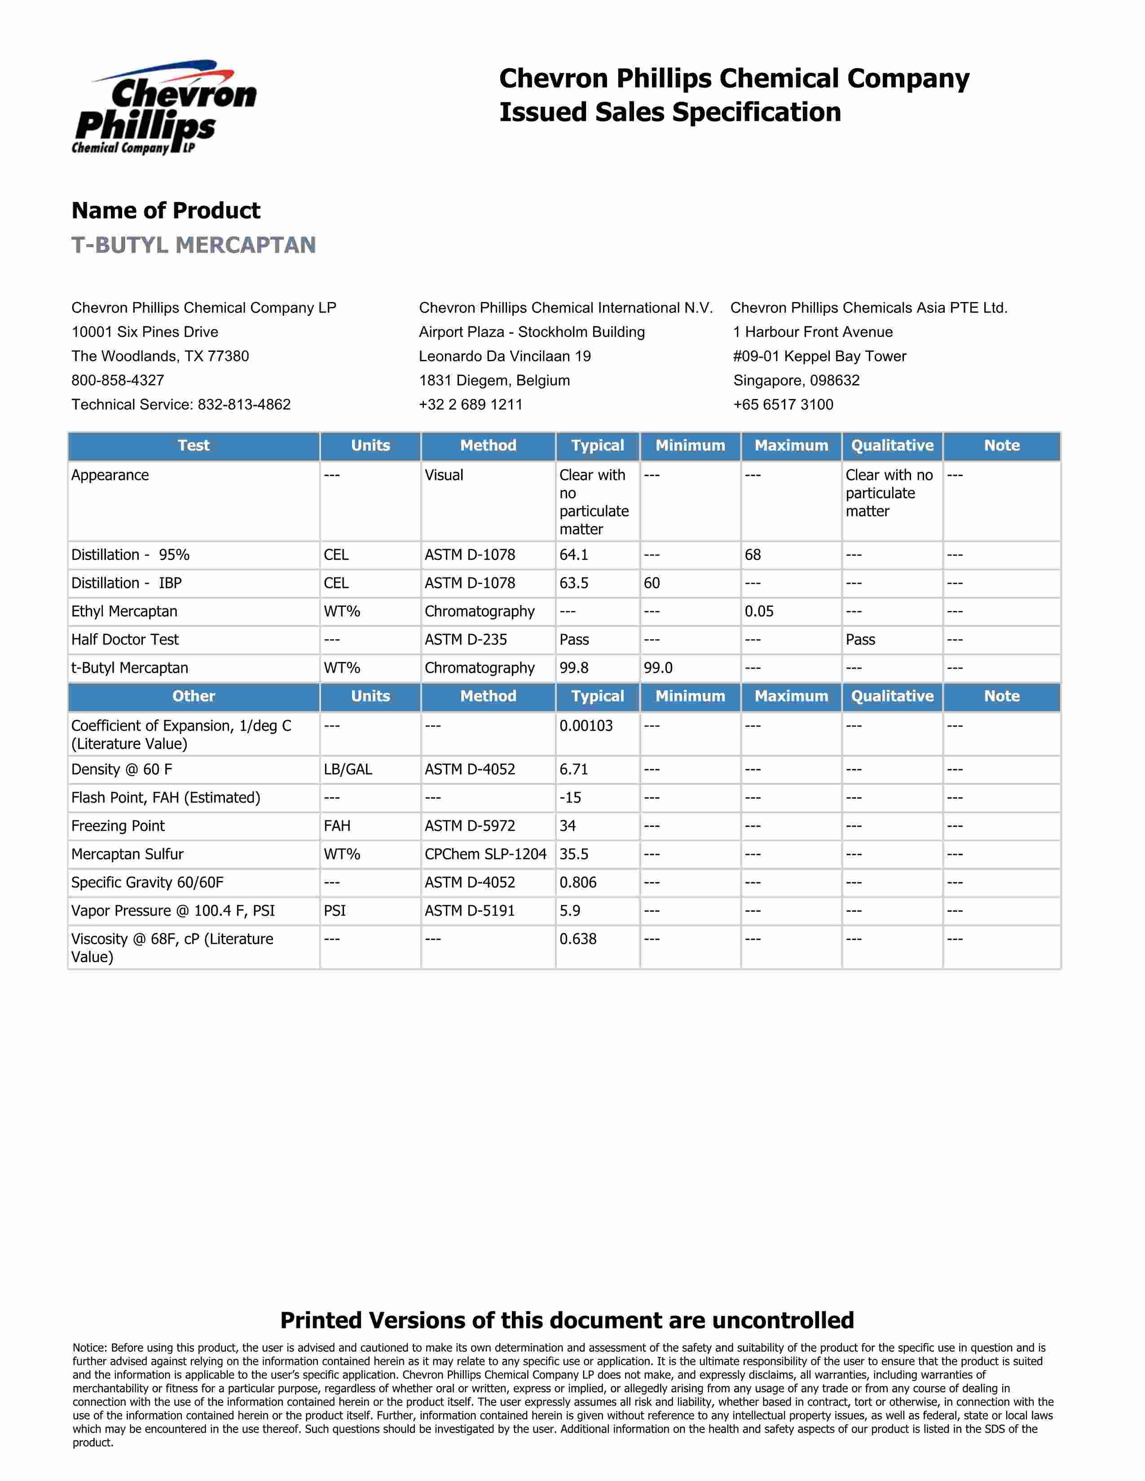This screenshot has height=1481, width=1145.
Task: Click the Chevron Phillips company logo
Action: click(164, 108)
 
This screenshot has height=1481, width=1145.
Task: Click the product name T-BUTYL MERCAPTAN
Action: click(194, 245)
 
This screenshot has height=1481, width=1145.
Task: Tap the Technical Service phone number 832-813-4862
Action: click(244, 405)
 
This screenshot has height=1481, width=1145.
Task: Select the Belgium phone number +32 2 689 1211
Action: click(471, 405)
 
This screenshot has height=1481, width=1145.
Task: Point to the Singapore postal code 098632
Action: click(834, 381)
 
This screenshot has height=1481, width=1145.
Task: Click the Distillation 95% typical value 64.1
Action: click(574, 555)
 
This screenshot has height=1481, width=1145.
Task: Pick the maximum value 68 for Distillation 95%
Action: click(753, 555)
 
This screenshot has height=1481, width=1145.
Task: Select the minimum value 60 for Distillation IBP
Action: click(652, 583)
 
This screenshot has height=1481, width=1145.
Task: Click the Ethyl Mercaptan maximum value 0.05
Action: click(759, 612)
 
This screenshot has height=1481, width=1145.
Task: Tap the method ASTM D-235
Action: click(466, 640)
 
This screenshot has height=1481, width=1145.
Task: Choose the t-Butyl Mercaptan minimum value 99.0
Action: click(658, 668)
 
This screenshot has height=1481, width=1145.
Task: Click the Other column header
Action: click(194, 697)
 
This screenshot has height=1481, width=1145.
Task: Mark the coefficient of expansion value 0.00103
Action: click(586, 726)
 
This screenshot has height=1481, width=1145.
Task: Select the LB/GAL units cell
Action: click(348, 770)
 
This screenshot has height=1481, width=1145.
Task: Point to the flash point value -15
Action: click(570, 798)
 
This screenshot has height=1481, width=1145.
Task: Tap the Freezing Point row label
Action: click(118, 826)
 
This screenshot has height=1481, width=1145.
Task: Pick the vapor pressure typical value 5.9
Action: click(570, 911)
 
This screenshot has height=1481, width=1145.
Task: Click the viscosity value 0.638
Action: click(578, 939)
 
